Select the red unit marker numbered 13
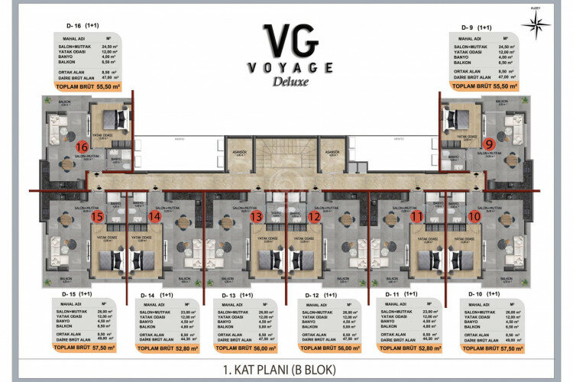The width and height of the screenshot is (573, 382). [256, 217]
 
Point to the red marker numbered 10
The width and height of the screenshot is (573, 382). [474, 217]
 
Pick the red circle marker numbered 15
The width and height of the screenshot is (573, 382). [97, 217]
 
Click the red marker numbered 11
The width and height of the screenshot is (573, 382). [416, 217]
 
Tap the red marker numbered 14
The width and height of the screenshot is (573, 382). [155, 217]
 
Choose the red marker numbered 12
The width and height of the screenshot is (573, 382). [314, 217]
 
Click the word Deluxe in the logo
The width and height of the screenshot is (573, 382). [286, 83]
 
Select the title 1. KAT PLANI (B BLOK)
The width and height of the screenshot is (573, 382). [286, 370]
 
